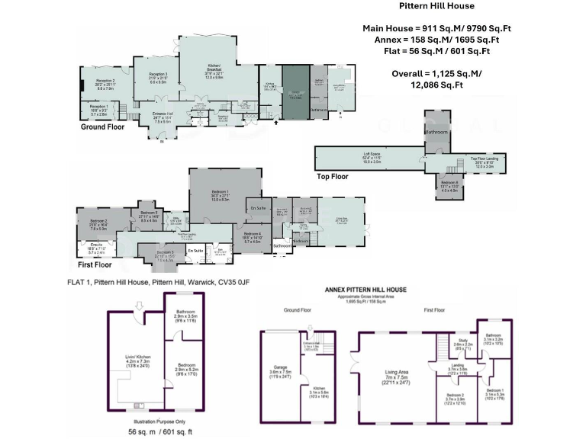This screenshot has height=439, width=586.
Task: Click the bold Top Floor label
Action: coord(333,176)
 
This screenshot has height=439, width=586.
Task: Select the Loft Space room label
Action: coord(372,156)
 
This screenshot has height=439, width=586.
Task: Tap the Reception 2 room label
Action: coord(105,81)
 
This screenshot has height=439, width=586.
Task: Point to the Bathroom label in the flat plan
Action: coord(185,312)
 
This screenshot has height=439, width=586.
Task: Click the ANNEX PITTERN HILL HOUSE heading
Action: coord(365,290)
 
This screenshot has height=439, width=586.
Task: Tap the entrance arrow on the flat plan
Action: coord(139,305)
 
